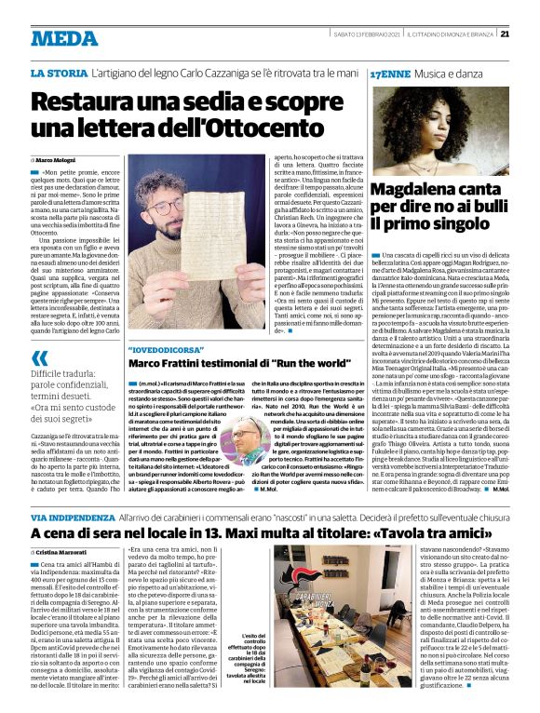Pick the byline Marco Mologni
pyautogui.click(x=64, y=160)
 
